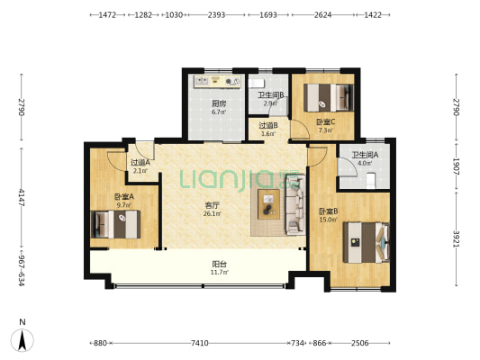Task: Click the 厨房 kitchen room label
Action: pos(219,103)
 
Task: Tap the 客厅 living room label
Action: pos(212,205)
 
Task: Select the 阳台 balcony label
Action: pos(219,264)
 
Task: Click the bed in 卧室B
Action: pos(367,242)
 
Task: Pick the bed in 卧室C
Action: pos(329,97)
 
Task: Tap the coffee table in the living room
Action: pos(268,204)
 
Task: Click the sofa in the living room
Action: pos(295,204)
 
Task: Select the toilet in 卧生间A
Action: pos(371,181)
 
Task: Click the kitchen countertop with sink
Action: pos(217,82)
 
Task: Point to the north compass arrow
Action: pos(22,340)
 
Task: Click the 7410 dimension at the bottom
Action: pos(200,343)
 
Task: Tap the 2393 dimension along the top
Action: pos(216,14)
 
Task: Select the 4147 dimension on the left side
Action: pos(22,198)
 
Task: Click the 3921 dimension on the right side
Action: pos(456,238)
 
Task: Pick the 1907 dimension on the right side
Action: pos(456,166)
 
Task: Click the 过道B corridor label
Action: pos(268,125)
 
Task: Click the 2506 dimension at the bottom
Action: pos(359,343)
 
